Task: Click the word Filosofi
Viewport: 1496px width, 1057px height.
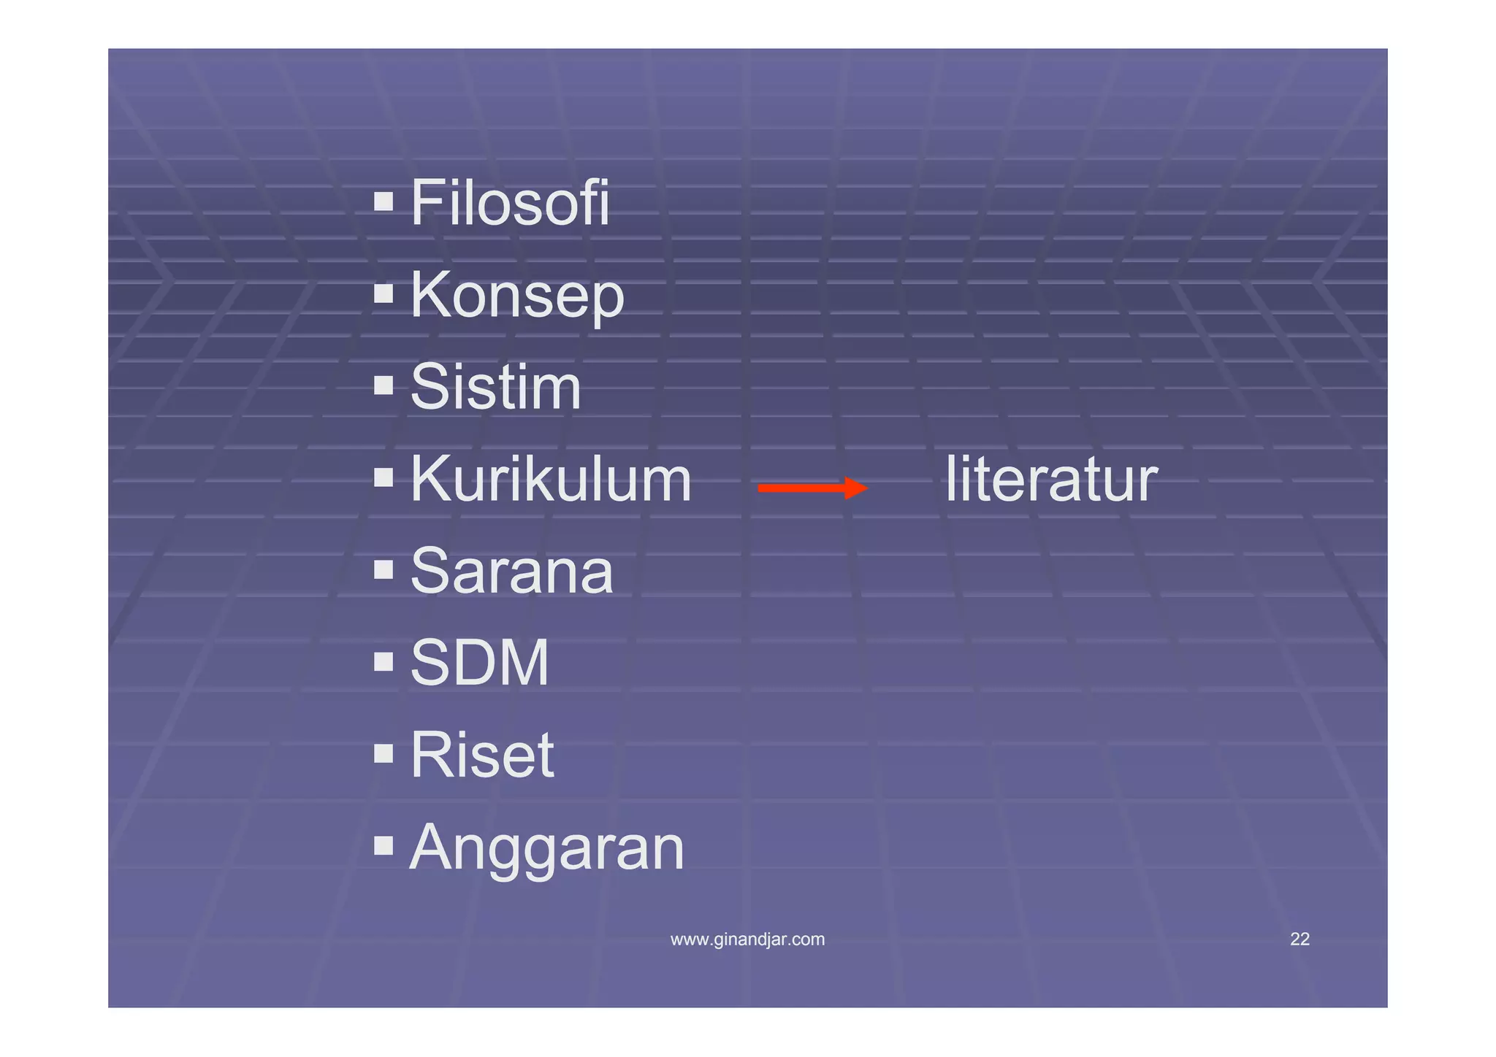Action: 510,203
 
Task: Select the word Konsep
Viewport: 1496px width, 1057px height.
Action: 517,296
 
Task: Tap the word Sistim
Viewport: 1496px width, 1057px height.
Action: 495,388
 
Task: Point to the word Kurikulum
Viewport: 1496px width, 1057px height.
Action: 551,480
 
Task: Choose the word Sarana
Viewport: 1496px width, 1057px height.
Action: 511,572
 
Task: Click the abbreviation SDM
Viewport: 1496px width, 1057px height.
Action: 479,663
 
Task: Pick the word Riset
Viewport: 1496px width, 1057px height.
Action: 482,755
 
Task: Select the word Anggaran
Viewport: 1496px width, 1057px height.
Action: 547,848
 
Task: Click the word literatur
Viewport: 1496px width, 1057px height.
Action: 1051,480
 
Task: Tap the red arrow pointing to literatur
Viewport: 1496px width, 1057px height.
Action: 812,488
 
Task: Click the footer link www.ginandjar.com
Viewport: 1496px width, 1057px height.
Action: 747,939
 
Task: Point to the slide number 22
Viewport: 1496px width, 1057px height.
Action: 1300,939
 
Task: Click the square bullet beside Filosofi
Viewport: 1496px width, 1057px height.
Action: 383,201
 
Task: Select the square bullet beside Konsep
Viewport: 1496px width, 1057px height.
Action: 383,293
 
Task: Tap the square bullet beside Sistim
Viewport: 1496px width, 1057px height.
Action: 383,385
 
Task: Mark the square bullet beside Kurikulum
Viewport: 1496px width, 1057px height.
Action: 383,477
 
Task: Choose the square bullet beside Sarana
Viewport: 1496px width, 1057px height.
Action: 383,569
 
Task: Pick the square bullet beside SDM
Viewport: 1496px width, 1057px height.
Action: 383,661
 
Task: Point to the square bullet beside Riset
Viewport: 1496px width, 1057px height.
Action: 383,753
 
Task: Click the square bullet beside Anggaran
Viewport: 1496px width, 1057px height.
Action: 383,845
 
